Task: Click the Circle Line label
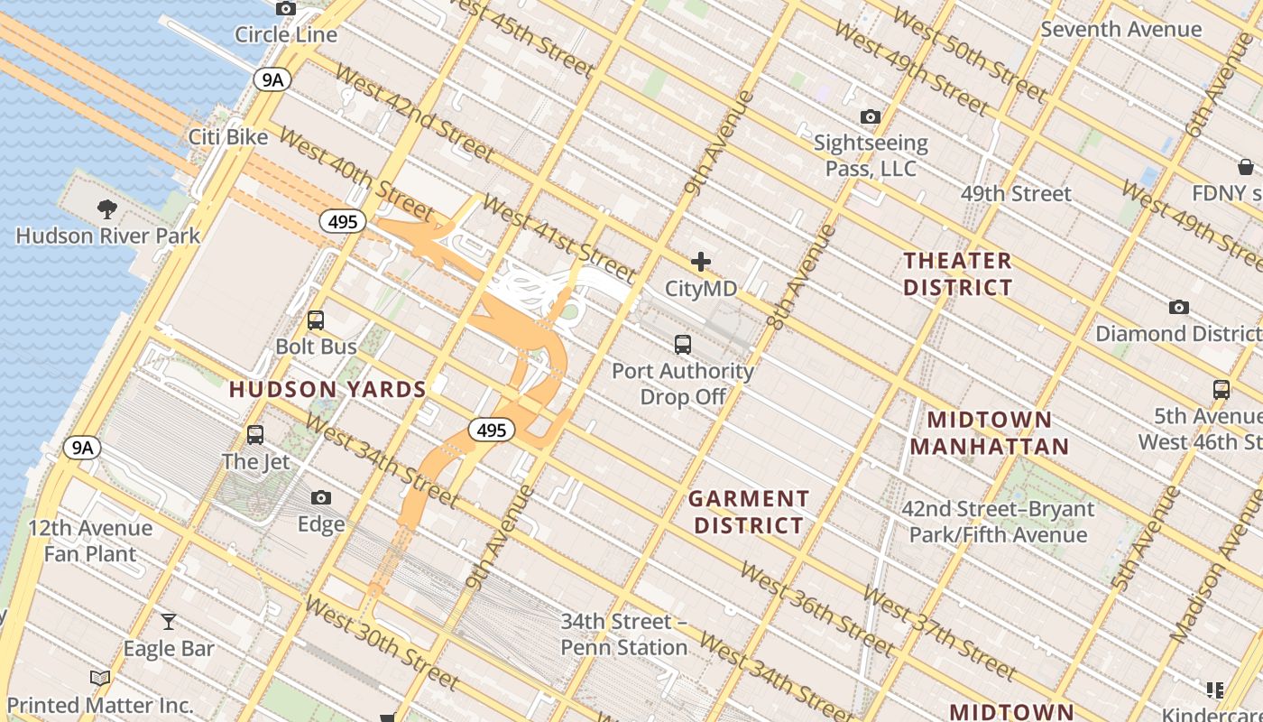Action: coord(285,35)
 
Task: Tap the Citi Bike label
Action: coord(228,137)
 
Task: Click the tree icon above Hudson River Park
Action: coord(107,209)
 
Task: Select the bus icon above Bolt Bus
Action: coord(316,320)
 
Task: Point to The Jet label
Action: coord(256,461)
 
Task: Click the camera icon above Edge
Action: coord(320,497)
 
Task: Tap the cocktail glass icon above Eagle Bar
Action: coord(169,621)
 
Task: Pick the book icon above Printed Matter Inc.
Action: coord(100,678)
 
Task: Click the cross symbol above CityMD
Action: coord(701,263)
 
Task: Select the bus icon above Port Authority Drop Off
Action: coord(683,344)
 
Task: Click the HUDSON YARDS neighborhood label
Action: coord(327,390)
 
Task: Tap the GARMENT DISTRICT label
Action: coord(749,512)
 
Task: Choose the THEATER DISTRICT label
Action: coord(957,274)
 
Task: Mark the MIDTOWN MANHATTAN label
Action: coord(990,433)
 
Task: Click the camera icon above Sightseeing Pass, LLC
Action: coord(871,116)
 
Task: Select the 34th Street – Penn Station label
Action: coord(624,634)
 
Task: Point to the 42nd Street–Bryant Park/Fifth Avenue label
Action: coord(998,522)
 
